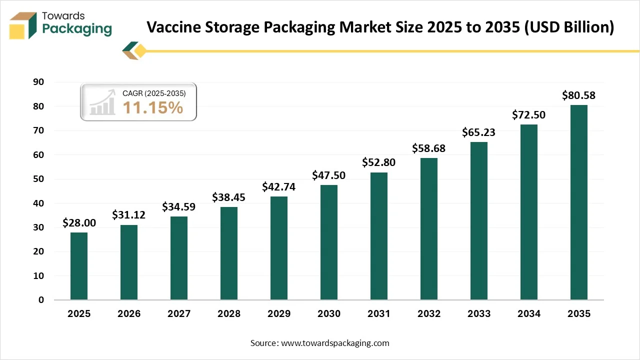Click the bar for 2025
tap(79, 266)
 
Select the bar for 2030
tap(329, 242)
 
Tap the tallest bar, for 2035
tap(579, 202)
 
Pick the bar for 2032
tap(429, 229)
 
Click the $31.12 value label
tap(128, 214)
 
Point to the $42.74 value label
tap(278, 186)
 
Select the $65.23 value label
tap(478, 132)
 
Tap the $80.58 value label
tap(578, 95)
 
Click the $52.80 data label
tap(378, 162)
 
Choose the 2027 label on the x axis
tap(179, 314)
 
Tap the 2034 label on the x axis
tap(529, 314)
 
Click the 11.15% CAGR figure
tap(153, 107)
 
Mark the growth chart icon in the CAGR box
tap(102, 102)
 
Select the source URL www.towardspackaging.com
tap(335, 343)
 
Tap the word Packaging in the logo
tap(77, 29)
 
